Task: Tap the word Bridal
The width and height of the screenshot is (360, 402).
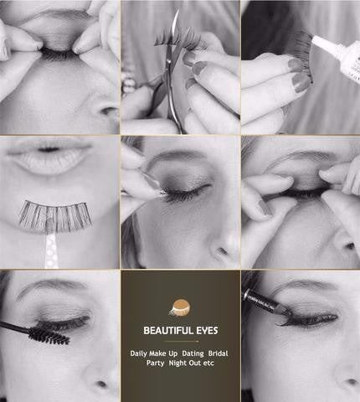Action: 218,353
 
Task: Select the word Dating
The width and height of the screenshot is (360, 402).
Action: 193,353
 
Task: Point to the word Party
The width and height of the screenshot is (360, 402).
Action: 155,363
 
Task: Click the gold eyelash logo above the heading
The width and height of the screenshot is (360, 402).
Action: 180,307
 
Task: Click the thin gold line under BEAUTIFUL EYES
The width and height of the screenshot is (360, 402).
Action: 182,341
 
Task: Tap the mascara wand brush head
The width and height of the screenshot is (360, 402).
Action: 49,336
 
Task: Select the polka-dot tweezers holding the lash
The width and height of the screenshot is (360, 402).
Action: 52,245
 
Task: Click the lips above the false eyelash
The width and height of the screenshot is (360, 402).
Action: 49,157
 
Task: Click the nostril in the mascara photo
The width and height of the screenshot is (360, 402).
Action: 101,384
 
